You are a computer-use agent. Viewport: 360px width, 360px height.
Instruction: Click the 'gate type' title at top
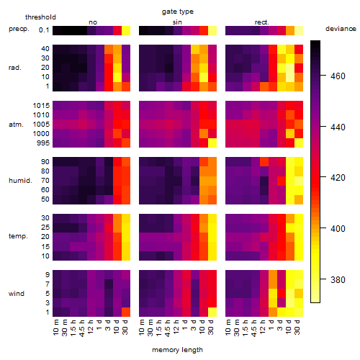coord(178,12)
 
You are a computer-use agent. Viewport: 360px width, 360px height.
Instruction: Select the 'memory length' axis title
coord(177,350)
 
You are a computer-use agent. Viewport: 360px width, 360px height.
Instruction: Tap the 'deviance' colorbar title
coord(341,29)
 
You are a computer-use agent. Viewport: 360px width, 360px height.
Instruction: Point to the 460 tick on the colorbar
coord(323,76)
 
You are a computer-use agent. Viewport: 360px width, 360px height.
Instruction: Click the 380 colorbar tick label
coord(338,279)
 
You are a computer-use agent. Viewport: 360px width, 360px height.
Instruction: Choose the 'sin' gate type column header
coord(177,22)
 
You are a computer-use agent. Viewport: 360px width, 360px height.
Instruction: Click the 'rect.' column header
coord(262,22)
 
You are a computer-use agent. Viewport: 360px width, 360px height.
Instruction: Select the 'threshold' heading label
coord(40,17)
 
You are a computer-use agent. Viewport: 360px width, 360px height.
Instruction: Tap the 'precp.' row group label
coord(19,29)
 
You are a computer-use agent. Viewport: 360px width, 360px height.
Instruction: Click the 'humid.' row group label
coord(20,180)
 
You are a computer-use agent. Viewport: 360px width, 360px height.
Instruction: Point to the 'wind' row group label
coord(17,293)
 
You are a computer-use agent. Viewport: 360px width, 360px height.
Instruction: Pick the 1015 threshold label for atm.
coord(41,105)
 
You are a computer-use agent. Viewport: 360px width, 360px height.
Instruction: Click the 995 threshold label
coord(43,143)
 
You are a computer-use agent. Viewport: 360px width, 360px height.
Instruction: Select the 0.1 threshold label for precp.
coord(44,30)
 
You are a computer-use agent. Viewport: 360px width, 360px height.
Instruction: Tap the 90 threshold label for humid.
coord(45,161)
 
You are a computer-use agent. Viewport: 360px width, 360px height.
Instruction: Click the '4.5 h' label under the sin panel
coord(168,328)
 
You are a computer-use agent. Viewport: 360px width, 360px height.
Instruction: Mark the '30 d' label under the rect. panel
coord(297,327)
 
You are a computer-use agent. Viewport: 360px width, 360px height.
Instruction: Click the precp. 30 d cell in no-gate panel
coord(126,30)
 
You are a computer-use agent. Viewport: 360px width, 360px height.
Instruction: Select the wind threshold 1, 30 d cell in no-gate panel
coord(126,312)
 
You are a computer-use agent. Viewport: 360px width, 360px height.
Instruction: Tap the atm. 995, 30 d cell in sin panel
coord(212,143)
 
